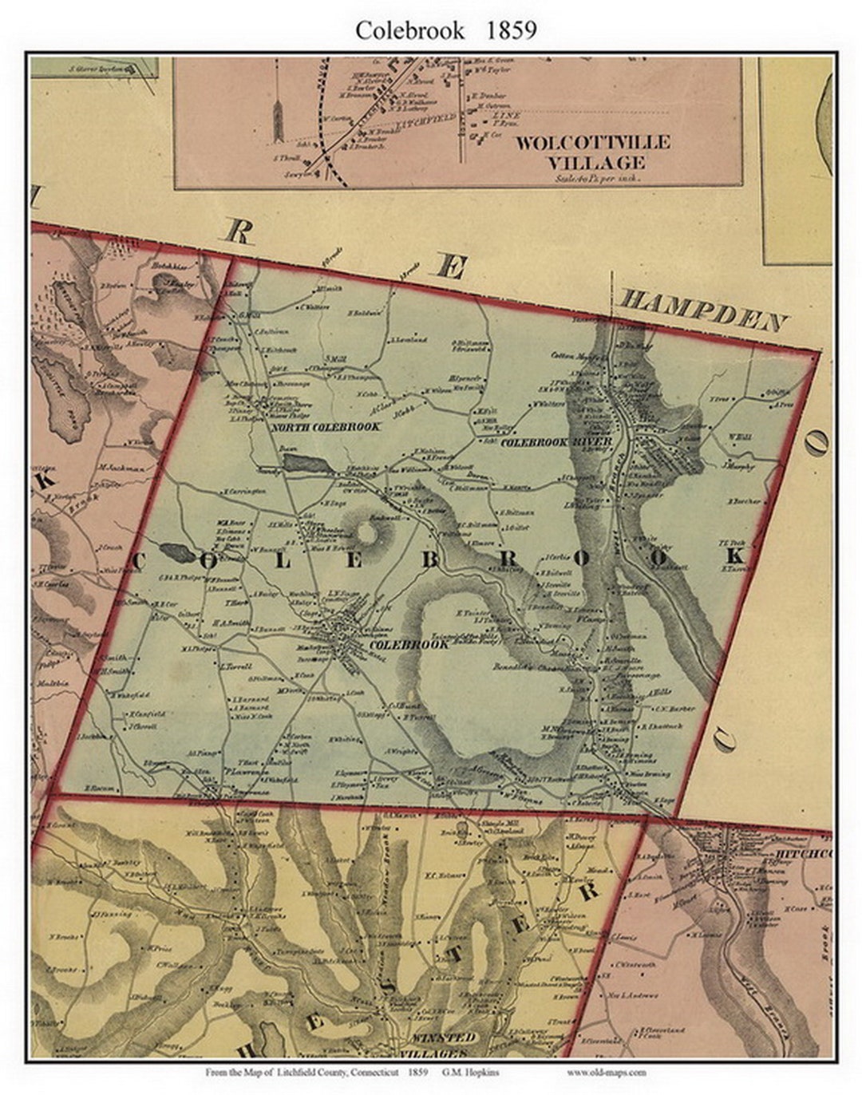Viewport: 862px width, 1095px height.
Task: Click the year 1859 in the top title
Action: pyautogui.click(x=508, y=30)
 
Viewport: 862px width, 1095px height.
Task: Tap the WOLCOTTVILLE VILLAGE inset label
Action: pyautogui.click(x=591, y=152)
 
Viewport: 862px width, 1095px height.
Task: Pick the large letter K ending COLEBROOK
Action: pyautogui.click(x=735, y=555)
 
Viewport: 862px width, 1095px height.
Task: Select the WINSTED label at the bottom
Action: pyautogui.click(x=443, y=1038)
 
